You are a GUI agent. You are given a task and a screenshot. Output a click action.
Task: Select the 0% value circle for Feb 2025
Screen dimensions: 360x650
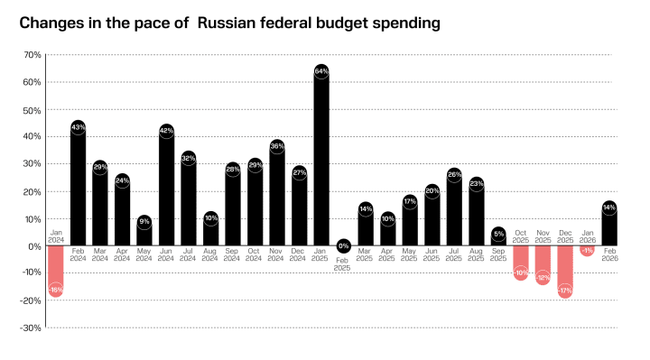click(x=343, y=245)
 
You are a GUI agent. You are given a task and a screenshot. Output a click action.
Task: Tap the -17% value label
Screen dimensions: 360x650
click(x=564, y=291)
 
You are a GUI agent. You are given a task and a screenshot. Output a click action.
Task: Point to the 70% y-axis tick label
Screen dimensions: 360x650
click(x=32, y=55)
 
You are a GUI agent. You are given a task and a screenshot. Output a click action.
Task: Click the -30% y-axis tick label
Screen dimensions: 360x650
click(x=30, y=328)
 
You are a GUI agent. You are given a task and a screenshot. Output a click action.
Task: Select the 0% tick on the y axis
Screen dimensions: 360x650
click(x=34, y=246)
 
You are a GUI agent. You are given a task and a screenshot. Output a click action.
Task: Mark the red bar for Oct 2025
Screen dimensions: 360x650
click(x=520, y=262)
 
